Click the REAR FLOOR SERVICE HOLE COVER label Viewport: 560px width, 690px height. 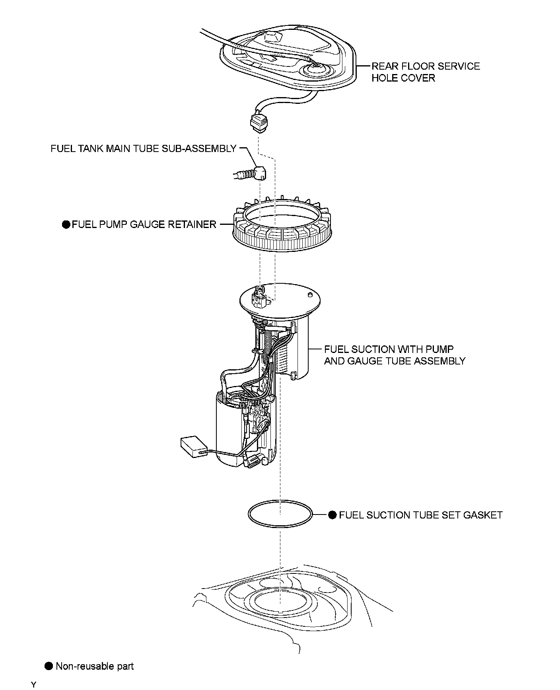point(425,72)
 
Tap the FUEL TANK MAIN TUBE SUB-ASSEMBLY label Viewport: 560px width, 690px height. point(144,149)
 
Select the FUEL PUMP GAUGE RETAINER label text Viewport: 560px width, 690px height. point(144,224)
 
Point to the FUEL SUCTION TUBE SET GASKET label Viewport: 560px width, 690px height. point(420,515)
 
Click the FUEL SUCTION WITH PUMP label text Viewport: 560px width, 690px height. point(389,349)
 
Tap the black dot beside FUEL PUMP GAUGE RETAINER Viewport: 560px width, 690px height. point(66,224)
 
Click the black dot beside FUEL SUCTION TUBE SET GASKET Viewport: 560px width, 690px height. point(332,515)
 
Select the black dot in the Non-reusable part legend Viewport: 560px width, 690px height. point(49,666)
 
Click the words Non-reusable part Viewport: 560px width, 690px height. point(95,666)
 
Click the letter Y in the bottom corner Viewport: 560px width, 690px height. point(34,685)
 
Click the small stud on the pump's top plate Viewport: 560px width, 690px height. point(309,295)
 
